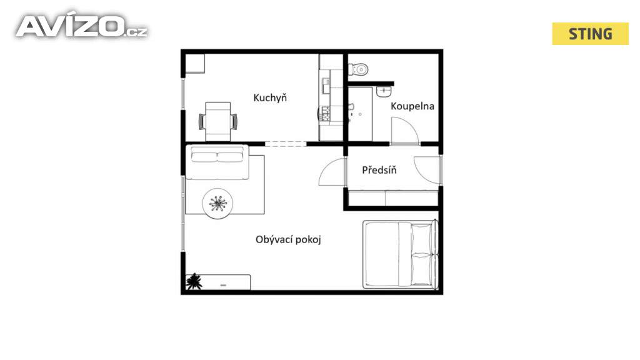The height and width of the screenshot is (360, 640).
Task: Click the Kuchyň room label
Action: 270,98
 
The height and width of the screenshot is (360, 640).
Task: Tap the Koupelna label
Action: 412,106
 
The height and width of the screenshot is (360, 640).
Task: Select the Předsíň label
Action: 379,169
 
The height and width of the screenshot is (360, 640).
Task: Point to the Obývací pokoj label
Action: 288,239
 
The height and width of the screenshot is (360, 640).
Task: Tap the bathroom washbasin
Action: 384,92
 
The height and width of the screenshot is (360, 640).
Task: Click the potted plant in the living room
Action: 194,282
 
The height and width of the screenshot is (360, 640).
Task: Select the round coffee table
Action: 217,203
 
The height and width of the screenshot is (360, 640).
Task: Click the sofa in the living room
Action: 217,162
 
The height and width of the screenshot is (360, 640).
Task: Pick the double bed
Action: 401,254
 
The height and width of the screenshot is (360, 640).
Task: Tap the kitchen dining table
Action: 218,122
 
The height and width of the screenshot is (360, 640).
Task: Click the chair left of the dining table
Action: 202,122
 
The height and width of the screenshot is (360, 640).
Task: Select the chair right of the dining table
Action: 234,122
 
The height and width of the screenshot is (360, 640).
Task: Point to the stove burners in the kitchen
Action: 326,114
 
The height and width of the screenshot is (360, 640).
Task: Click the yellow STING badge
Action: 590,34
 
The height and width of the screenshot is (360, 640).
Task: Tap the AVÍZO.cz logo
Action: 82,26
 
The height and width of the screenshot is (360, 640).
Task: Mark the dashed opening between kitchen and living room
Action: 286,144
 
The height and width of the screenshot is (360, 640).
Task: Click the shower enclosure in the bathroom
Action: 360,114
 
